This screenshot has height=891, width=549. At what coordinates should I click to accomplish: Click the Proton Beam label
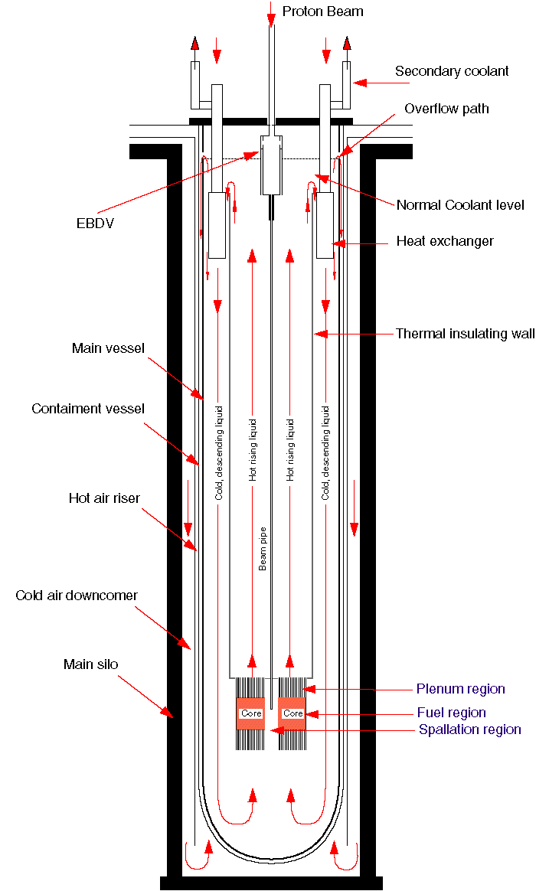(x=322, y=11)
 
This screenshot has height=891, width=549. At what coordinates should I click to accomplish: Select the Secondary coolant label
(x=452, y=71)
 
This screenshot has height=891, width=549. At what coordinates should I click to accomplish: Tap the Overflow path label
(x=446, y=109)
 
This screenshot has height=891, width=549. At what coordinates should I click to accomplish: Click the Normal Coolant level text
(x=460, y=205)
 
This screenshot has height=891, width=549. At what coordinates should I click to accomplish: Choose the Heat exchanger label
(x=445, y=241)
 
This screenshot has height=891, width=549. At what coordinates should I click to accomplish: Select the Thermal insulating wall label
(x=465, y=334)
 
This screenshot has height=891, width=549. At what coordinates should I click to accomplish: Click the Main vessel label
(x=108, y=349)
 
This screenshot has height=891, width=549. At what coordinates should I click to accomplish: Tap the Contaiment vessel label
(x=88, y=409)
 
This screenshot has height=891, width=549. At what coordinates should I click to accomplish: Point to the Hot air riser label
(x=104, y=498)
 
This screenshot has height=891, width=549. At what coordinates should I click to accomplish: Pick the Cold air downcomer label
(x=77, y=595)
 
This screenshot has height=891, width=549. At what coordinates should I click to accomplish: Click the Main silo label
(x=90, y=664)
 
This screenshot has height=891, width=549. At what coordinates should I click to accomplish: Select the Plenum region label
(x=461, y=689)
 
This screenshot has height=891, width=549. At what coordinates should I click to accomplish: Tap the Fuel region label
(x=452, y=713)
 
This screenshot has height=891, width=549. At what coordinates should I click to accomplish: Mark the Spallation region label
(x=470, y=729)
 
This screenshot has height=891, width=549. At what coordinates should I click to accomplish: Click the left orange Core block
(x=250, y=713)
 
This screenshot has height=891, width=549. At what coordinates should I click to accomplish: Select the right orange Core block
(x=293, y=713)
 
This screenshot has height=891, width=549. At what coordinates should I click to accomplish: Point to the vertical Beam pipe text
(x=263, y=548)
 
